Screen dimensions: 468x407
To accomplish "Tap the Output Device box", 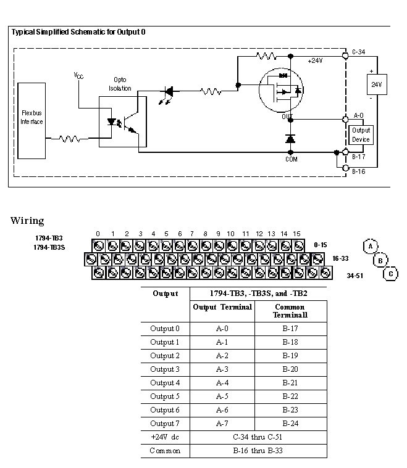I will pyautogui.click(x=361, y=134).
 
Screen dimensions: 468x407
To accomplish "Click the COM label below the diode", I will pyautogui.click(x=292, y=158).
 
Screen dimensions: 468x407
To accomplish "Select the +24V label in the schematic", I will pyautogui.click(x=316, y=61).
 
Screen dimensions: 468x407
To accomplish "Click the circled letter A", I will pyautogui.click(x=370, y=246).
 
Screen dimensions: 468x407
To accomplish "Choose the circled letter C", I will pyautogui.click(x=390, y=274).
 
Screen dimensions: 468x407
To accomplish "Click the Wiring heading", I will pyautogui.click(x=27, y=221).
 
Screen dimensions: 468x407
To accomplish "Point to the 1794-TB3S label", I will pyautogui.click(x=49, y=247).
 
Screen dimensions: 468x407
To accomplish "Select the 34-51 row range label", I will pyautogui.click(x=355, y=275).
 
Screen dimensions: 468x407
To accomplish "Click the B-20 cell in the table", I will pyautogui.click(x=290, y=369).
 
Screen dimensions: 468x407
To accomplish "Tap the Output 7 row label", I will pyautogui.click(x=165, y=424).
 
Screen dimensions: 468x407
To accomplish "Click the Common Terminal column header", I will pyautogui.click(x=290, y=311).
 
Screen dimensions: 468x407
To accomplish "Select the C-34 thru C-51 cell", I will pyautogui.click(x=258, y=437).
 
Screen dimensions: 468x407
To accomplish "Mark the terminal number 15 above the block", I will pyautogui.click(x=296, y=234).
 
